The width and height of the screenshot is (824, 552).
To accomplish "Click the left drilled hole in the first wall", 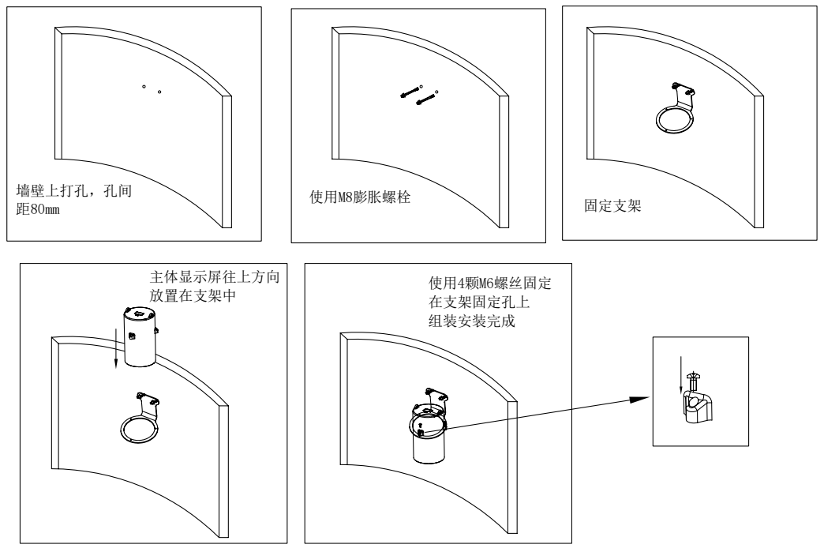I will [x=144, y=84].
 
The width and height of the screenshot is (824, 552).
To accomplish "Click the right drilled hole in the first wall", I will [x=159, y=92].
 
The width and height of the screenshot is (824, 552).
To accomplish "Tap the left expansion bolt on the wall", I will [x=408, y=92].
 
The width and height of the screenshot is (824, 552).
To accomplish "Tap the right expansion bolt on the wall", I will [x=426, y=99].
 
